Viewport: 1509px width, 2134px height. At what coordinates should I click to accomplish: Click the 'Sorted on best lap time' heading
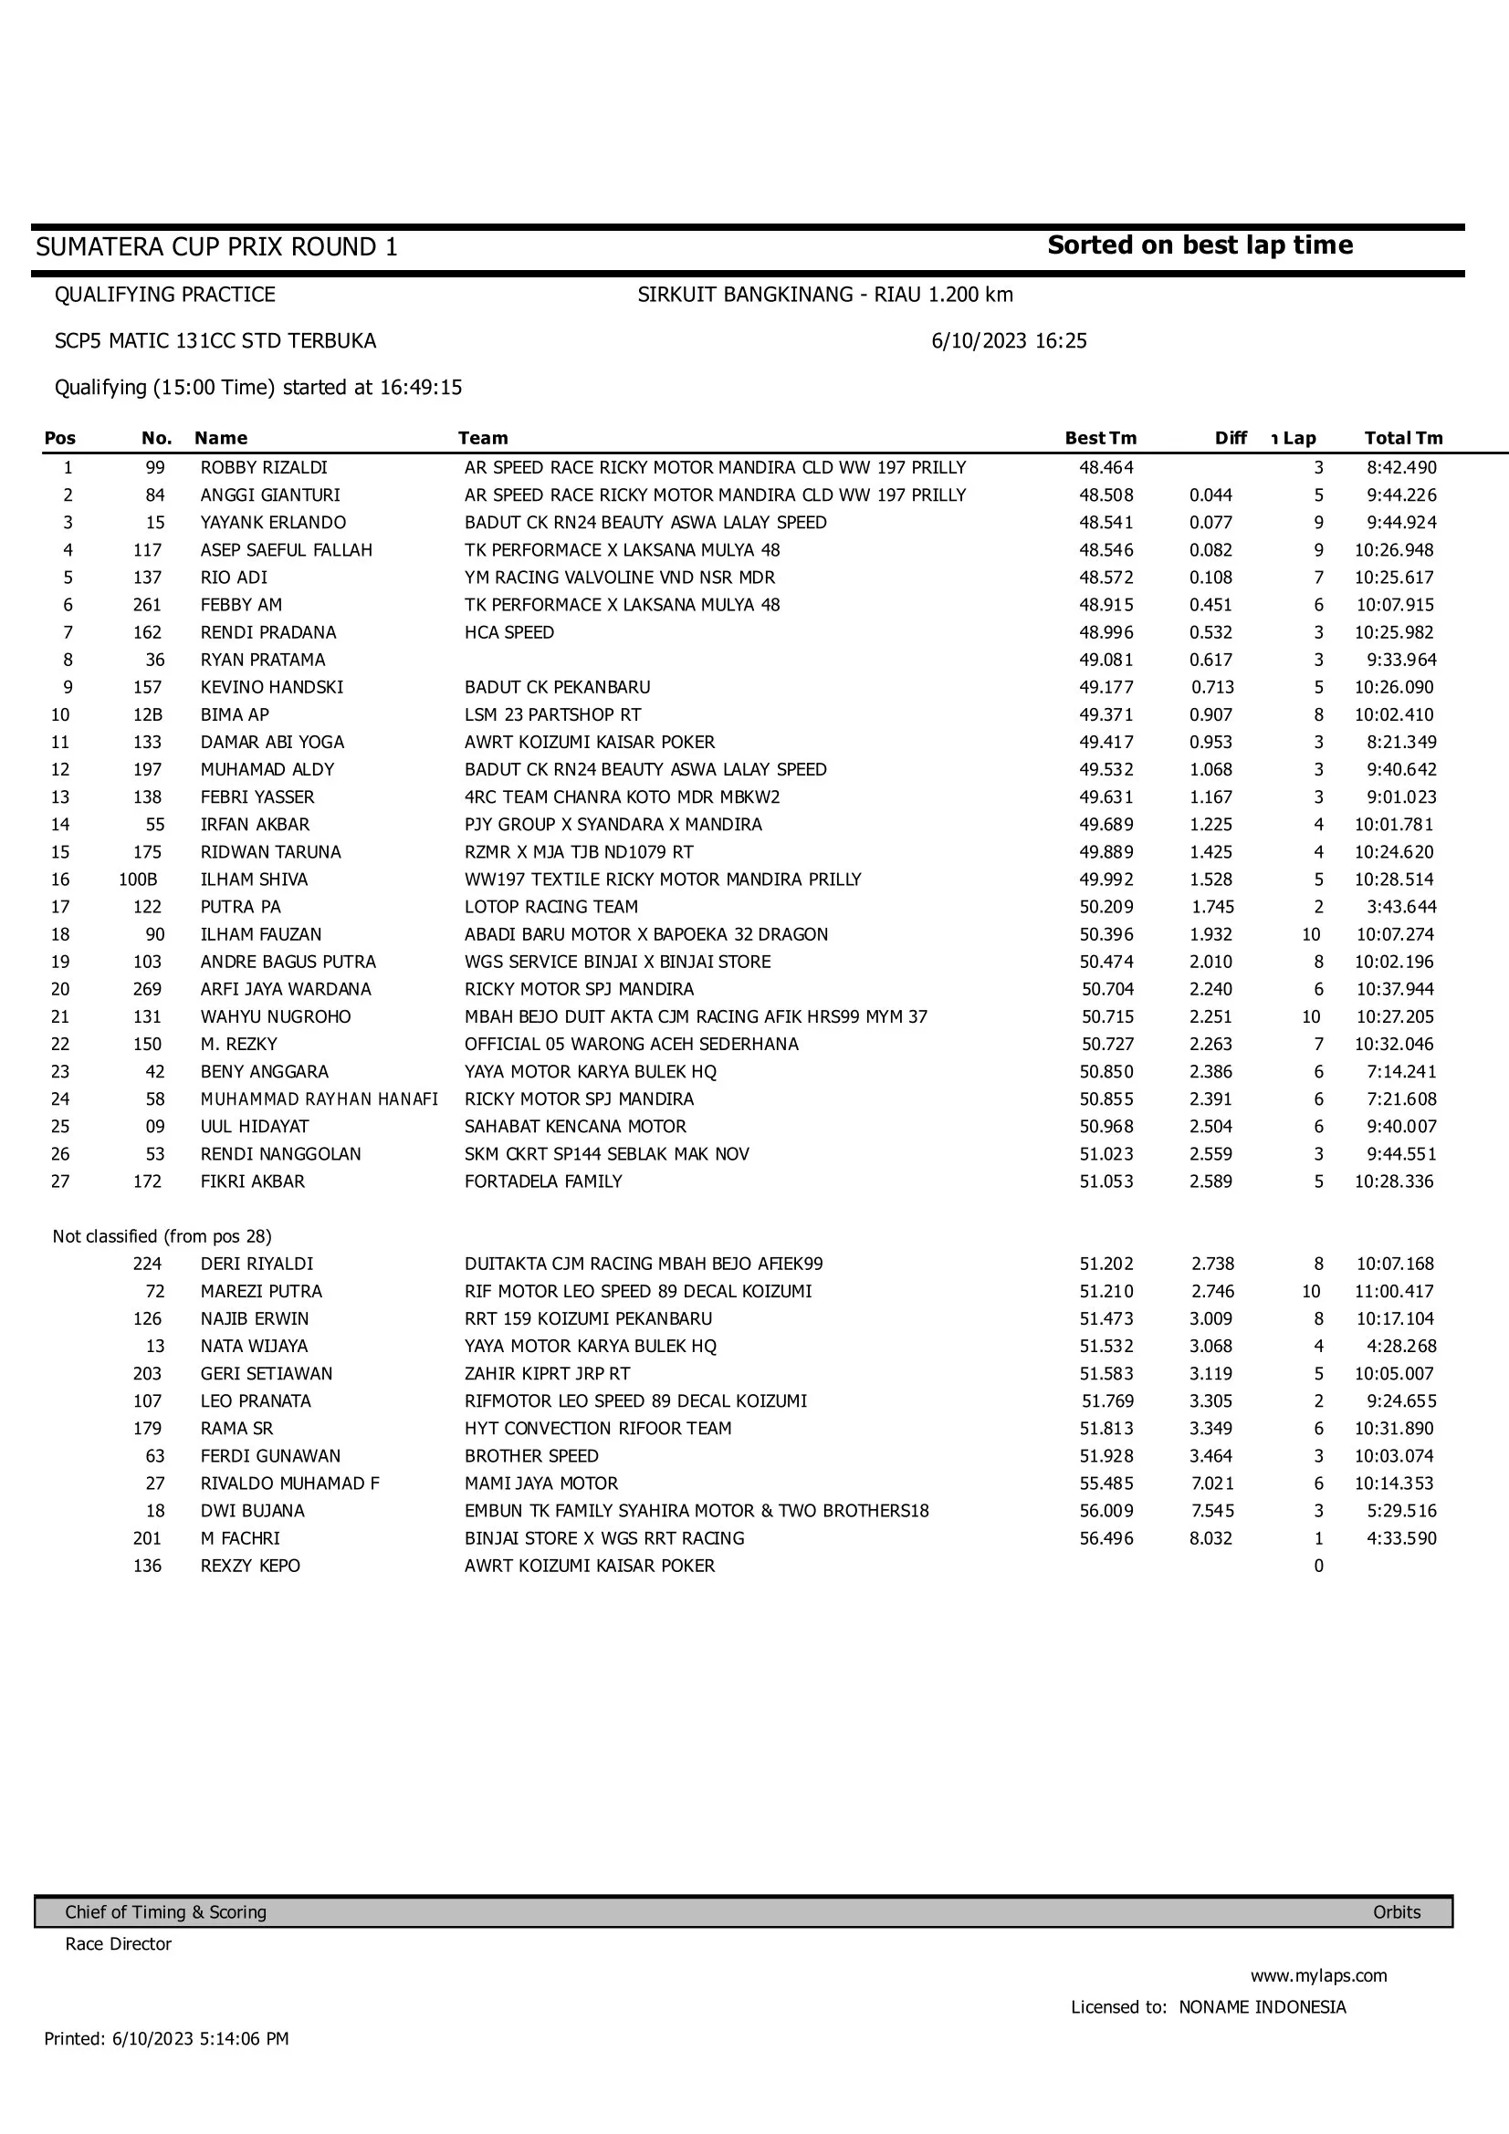pos(1200,245)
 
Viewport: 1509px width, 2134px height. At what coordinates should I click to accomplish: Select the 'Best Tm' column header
pos(1100,438)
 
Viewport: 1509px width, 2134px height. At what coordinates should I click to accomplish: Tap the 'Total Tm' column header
pos(1403,438)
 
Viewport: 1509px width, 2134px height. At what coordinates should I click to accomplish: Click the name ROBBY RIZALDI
pos(264,467)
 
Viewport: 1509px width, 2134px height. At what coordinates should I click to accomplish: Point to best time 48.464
pos(1106,467)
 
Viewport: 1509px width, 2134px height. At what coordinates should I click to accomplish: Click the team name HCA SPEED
pos(509,632)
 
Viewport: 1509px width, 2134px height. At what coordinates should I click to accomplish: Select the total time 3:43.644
pos(1401,906)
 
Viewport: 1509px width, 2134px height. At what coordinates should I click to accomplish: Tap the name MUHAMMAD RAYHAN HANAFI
pos(319,1098)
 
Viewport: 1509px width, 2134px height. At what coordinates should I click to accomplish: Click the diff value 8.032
pos(1210,1538)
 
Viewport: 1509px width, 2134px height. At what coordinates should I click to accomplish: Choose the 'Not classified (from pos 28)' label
pos(162,1236)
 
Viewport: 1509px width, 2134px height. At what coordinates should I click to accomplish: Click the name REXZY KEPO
pos(250,1566)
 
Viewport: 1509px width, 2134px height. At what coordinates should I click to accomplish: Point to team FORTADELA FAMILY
pos(543,1182)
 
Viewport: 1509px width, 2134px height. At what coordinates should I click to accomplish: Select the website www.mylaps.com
pos(1318,1975)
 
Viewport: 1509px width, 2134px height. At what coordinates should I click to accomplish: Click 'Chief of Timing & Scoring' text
pos(165,1912)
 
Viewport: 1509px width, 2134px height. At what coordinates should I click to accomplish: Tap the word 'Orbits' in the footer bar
pos(1397,1912)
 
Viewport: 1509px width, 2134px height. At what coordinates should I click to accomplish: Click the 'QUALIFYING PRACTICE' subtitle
pos(164,295)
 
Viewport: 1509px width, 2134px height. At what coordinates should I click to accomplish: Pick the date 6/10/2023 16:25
pos(1009,341)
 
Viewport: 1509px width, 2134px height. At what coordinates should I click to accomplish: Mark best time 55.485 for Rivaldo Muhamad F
pos(1106,1483)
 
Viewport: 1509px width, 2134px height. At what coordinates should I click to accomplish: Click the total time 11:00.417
pos(1394,1291)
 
